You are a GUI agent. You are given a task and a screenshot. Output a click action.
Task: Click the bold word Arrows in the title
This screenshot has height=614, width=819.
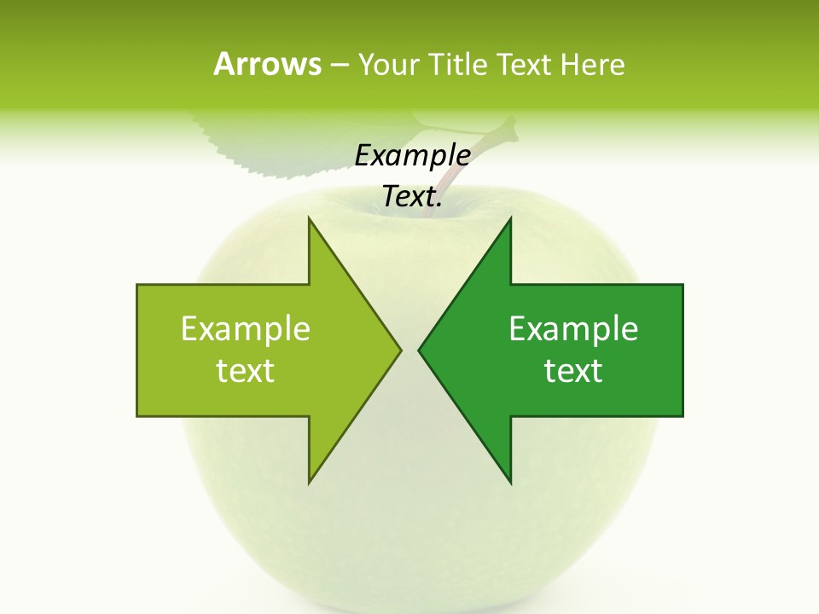click(x=266, y=64)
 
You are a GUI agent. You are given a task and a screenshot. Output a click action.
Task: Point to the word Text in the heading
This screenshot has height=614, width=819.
click(x=526, y=64)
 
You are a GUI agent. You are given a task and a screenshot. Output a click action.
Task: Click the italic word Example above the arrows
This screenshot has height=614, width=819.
click(x=412, y=155)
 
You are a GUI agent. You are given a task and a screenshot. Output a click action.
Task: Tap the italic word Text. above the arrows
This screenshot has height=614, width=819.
click(x=412, y=197)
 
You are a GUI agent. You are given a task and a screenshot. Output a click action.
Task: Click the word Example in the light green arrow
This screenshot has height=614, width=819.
click(x=245, y=328)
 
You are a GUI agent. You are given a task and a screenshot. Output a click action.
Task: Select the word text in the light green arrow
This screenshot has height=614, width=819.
click(x=245, y=370)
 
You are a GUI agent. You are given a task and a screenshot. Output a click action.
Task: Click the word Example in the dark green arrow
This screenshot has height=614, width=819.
click(x=573, y=328)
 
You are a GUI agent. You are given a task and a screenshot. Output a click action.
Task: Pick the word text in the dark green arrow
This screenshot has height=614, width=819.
click(x=573, y=370)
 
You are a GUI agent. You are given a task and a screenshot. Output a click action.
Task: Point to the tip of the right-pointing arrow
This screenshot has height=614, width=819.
click(x=399, y=350)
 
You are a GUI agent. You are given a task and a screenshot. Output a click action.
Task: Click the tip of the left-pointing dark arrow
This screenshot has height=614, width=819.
click(x=420, y=350)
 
